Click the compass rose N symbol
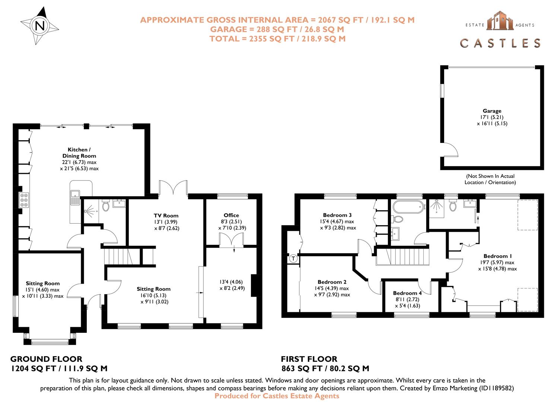coord(40,26)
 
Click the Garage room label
coord(492,111)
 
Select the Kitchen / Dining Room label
coord(79,153)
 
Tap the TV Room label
coord(166,216)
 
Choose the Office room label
coord(231,215)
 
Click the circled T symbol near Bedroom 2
coord(293,258)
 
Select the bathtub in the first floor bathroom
coord(408,206)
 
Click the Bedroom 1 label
coord(497,256)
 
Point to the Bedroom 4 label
coord(407,293)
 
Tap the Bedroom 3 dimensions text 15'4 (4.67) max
coord(334,221)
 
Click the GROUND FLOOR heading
coord(46,359)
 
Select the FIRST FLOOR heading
coord(309,359)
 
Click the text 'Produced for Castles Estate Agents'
coord(277,396)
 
